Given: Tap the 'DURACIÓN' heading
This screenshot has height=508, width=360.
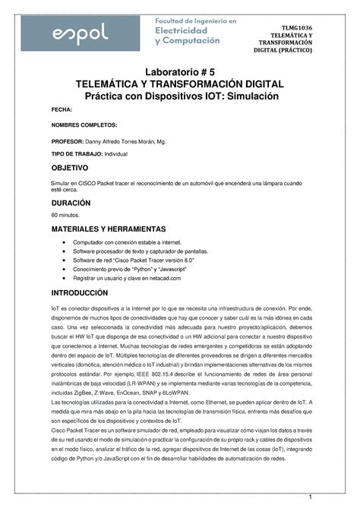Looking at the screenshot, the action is click(x=71, y=204).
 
